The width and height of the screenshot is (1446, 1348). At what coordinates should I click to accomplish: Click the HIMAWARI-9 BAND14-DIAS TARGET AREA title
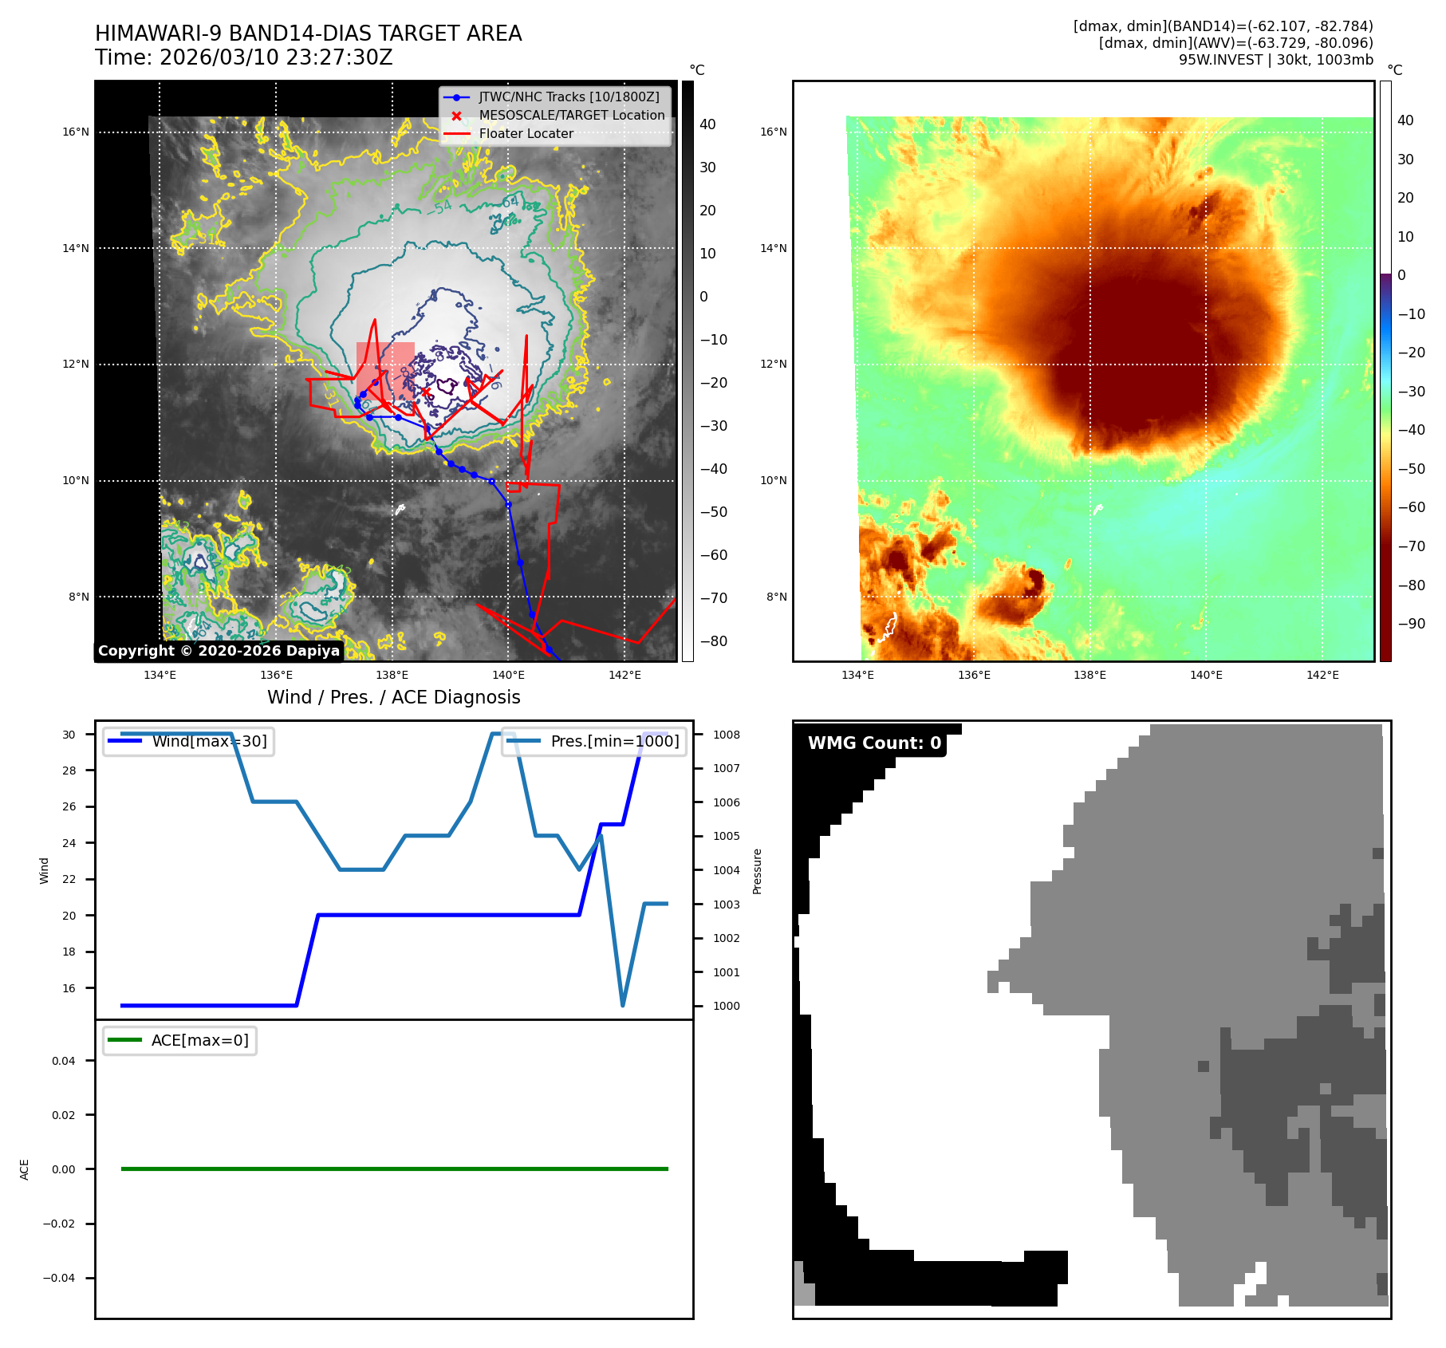[x=308, y=34]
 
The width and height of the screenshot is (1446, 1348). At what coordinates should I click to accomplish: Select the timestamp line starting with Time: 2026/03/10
[x=244, y=57]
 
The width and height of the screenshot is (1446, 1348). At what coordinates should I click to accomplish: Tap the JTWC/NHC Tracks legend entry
[x=569, y=97]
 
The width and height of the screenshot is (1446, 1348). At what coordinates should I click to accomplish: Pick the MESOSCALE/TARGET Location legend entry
[x=571, y=115]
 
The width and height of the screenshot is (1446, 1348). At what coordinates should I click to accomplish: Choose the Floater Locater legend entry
[x=526, y=133]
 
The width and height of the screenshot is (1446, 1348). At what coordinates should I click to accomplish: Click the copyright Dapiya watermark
[x=219, y=651]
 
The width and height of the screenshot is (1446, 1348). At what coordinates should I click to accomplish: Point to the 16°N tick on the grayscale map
[x=76, y=132]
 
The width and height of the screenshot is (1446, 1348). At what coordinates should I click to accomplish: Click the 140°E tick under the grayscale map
[x=508, y=675]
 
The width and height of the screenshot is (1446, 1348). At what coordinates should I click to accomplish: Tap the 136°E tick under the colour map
[x=974, y=675]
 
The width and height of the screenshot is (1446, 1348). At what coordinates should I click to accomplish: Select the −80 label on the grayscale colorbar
[x=713, y=641]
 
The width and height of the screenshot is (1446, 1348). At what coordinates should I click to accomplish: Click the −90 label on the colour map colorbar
[x=1411, y=624]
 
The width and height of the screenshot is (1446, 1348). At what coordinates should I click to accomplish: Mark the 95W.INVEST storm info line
[x=1275, y=60]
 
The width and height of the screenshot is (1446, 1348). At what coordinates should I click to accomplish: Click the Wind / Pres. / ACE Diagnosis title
[x=393, y=697]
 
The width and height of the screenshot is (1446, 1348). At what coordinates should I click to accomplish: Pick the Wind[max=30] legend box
[x=188, y=741]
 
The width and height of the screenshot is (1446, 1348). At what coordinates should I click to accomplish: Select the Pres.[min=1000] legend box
[x=593, y=741]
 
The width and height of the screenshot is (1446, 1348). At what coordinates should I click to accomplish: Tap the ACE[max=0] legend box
[x=179, y=1040]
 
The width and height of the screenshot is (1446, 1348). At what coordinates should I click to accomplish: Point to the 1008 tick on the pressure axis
[x=726, y=735]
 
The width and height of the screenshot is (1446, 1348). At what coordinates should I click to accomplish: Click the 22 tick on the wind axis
[x=69, y=879]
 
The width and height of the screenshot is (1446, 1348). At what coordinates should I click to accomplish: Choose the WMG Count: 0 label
[x=874, y=743]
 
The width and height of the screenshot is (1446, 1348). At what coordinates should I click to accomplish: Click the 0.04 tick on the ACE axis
[x=64, y=1061]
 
